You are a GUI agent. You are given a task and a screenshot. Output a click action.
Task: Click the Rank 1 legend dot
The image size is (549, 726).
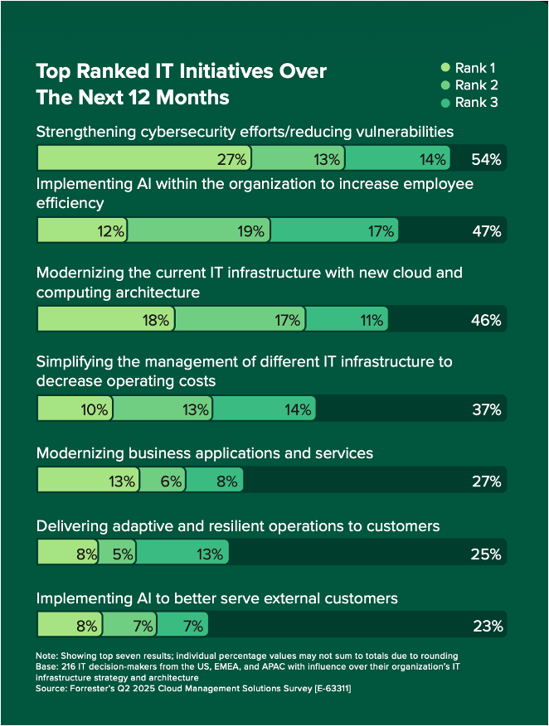tap(445, 68)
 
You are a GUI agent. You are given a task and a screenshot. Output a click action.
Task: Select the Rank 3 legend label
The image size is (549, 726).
tap(482, 103)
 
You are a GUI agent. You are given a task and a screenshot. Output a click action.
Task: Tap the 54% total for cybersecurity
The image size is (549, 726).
tap(486, 159)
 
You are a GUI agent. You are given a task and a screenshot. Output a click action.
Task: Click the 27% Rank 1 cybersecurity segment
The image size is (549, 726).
tap(143, 159)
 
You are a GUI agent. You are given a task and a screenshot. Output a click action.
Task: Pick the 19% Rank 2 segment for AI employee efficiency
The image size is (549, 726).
tap(199, 231)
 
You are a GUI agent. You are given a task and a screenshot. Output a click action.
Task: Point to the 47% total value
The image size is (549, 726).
tap(486, 231)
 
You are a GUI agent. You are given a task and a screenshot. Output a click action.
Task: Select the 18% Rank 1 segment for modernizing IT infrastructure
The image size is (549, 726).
tap(105, 320)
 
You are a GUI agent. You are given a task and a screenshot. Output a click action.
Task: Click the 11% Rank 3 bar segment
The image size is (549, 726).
tap(346, 320)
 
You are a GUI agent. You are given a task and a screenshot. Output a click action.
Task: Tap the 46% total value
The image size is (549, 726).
tap(486, 320)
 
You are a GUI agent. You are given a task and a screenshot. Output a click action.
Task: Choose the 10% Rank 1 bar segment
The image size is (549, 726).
tap(75, 409)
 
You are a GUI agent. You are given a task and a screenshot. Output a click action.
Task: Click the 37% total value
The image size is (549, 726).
tap(486, 409)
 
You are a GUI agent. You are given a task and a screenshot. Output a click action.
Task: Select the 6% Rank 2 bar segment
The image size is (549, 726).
tap(163, 481)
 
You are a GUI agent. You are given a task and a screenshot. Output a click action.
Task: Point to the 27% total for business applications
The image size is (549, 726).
tap(486, 481)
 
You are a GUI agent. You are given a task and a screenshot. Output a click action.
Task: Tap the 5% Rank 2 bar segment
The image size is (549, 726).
tap(117, 554)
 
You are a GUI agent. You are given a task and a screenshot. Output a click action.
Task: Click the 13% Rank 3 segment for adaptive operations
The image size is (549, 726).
tap(182, 554)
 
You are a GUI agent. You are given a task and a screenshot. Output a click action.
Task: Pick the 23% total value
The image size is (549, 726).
tap(486, 626)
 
